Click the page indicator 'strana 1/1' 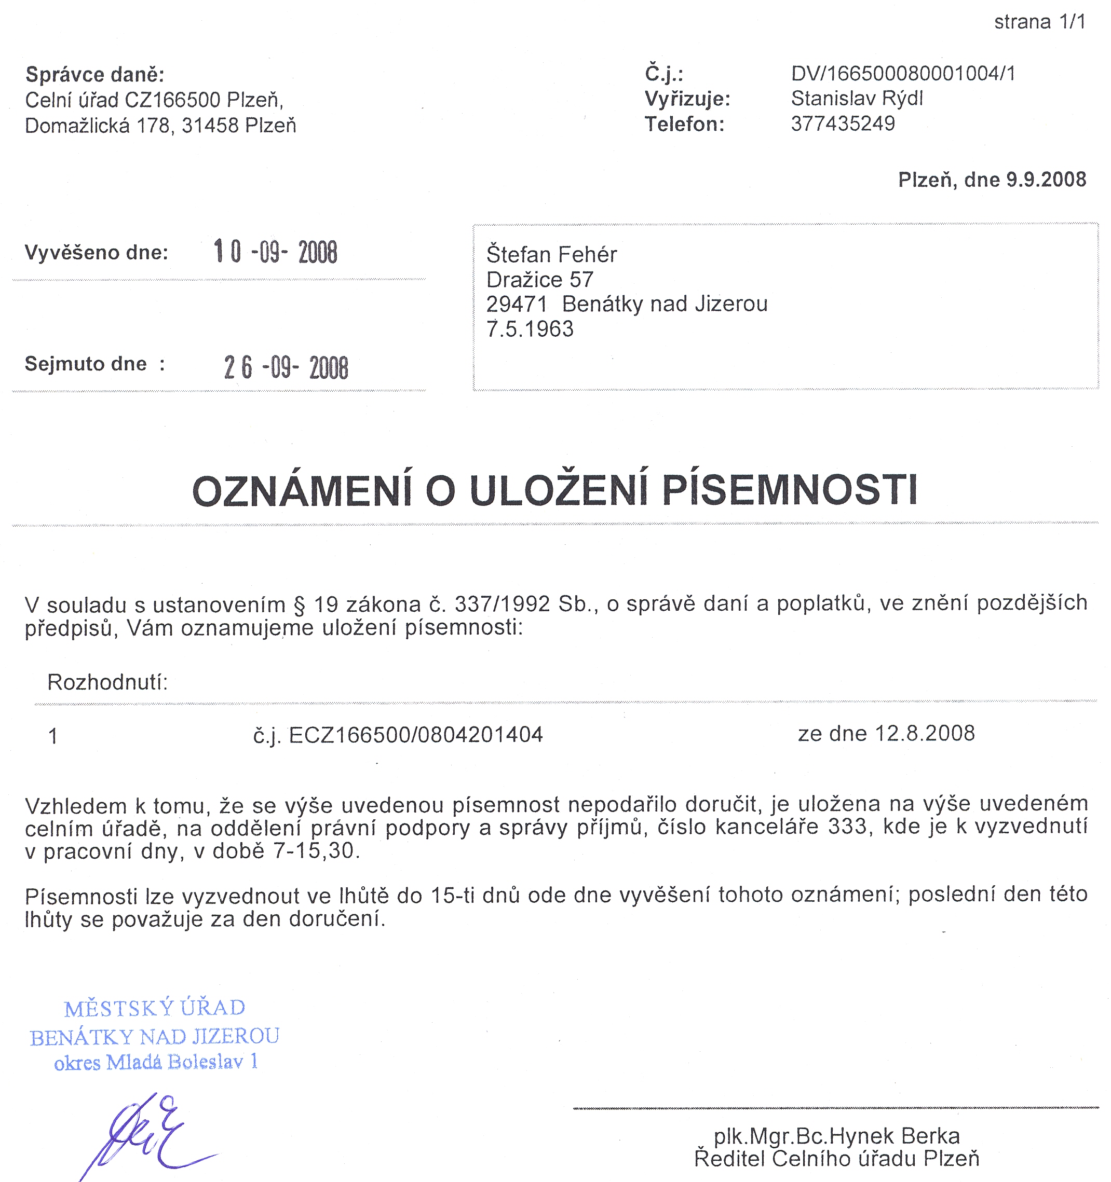(1040, 22)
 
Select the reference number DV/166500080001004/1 (903, 74)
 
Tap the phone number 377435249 (843, 123)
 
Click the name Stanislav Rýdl (857, 99)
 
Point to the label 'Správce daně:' (94, 75)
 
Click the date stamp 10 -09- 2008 (275, 252)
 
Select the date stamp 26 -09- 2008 (286, 367)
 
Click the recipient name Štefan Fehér (551, 254)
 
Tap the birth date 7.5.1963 (530, 329)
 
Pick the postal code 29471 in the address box (516, 305)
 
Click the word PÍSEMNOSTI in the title (790, 490)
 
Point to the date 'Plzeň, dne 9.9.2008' (992, 180)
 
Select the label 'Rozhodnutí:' (107, 682)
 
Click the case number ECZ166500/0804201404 (416, 735)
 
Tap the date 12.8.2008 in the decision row (924, 734)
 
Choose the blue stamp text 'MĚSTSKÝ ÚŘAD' (155, 1008)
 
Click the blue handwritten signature (148, 1134)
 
